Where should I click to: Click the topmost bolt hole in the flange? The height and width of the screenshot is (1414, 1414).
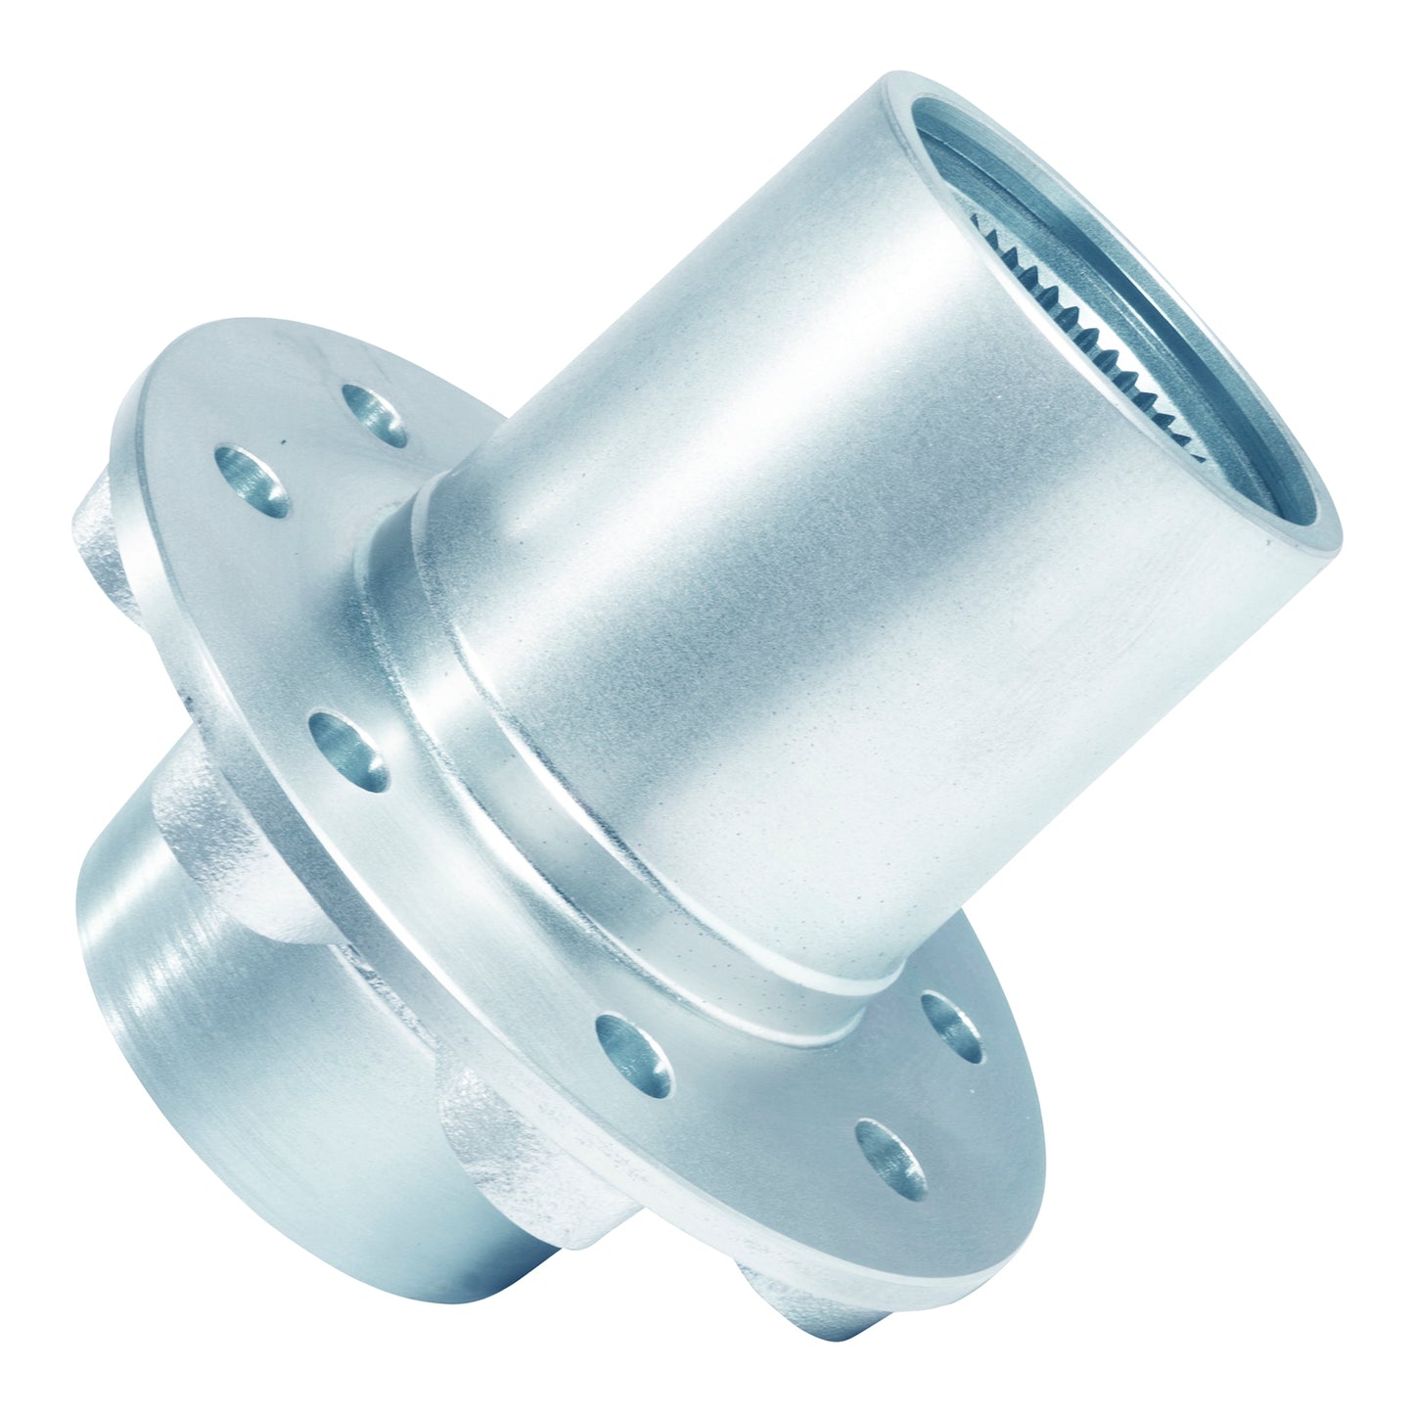tap(375, 411)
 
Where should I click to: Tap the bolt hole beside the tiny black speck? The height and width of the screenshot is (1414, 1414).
tap(252, 479)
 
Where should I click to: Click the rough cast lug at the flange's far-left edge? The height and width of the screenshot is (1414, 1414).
tap(98, 548)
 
